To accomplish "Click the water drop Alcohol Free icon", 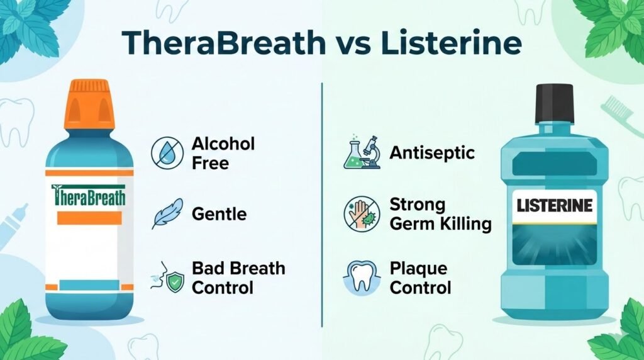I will (165, 153).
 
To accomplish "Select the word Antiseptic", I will (432, 153).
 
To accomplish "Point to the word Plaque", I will (418, 269).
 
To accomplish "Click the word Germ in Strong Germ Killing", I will (412, 224).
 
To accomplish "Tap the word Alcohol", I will (223, 144).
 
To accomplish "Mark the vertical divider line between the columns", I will (322, 208).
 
